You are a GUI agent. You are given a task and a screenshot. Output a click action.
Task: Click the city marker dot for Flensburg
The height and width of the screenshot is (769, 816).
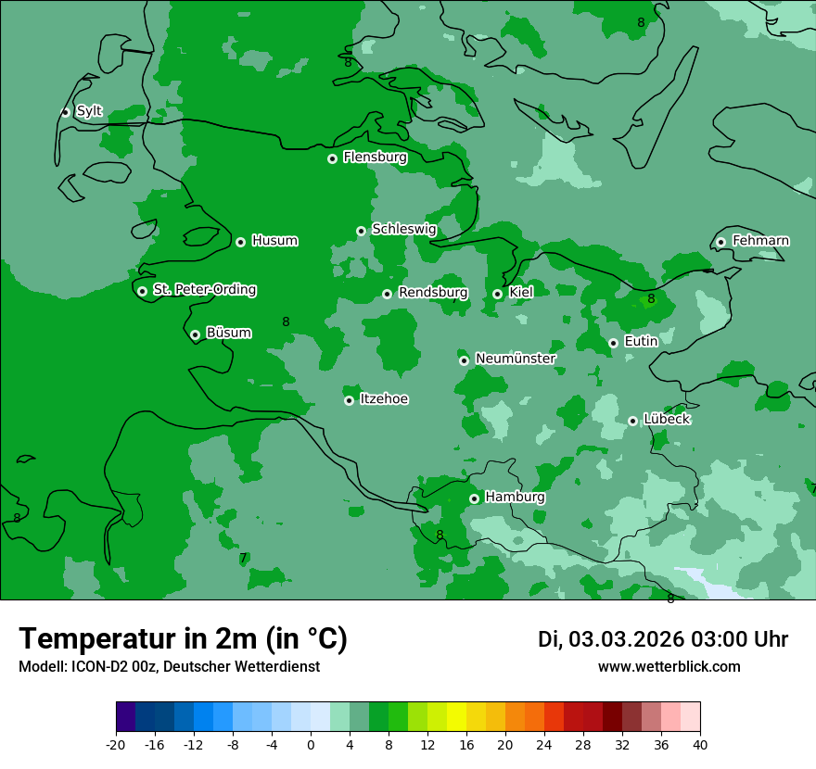point(332,158)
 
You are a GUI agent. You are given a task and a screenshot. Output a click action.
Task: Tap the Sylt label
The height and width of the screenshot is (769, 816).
point(89,111)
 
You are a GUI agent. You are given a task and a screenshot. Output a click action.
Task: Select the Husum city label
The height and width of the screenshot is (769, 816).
point(274,241)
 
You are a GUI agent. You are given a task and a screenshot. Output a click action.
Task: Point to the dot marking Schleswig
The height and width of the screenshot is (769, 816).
point(361,231)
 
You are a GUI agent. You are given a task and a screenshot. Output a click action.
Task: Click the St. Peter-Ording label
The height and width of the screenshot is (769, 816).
point(204,290)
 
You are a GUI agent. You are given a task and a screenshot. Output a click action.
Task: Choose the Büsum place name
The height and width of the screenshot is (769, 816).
point(228,333)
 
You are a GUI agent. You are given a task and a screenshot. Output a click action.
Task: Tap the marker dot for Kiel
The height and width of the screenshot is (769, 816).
point(497,294)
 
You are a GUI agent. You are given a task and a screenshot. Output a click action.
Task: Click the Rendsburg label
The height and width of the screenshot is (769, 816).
point(432,293)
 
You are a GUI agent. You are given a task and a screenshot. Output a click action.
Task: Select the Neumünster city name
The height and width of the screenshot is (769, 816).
point(515,359)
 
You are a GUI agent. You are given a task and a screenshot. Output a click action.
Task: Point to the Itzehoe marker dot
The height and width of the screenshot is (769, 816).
point(349,400)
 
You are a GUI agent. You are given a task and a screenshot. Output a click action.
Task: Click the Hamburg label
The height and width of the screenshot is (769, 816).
point(515,498)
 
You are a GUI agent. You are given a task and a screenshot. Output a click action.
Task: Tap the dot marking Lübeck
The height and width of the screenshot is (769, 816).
point(632,421)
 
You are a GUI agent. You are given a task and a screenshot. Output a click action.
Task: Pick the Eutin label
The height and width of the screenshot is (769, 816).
point(641,342)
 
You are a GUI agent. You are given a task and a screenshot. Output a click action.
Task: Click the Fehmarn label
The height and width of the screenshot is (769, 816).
point(760,241)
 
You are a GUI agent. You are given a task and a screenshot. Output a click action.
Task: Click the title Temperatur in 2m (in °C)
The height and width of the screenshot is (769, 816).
point(183,638)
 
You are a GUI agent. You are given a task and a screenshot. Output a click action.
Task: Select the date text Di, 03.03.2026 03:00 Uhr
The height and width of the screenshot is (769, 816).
point(662,639)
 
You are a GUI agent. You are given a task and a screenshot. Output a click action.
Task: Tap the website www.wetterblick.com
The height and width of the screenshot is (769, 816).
point(669,667)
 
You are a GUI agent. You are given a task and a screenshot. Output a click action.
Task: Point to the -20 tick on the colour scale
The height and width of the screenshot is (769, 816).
point(116,744)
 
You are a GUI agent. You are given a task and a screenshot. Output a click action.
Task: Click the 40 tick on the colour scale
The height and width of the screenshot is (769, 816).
point(700,744)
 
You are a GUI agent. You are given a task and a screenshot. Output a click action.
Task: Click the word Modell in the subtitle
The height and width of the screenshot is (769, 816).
point(38,667)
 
